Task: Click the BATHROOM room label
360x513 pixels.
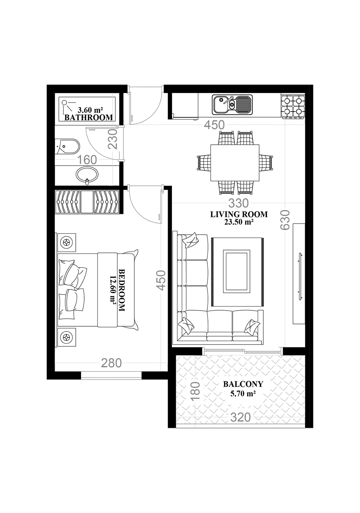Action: pyautogui.click(x=89, y=118)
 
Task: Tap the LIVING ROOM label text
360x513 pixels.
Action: pyautogui.click(x=239, y=215)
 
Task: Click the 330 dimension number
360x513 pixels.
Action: pyautogui.click(x=238, y=203)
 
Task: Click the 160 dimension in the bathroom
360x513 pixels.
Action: pyautogui.click(x=87, y=160)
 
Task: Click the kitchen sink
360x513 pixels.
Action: pyautogui.click(x=232, y=105)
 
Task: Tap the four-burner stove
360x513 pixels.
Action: pyautogui.click(x=293, y=107)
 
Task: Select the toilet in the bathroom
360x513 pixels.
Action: pyautogui.click(x=67, y=146)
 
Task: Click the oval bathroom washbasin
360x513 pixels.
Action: pyautogui.click(x=87, y=175)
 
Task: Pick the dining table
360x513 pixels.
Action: pyautogui.click(x=235, y=163)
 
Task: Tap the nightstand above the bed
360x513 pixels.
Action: pyautogui.click(x=67, y=242)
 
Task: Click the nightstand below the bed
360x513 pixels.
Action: pyautogui.click(x=67, y=337)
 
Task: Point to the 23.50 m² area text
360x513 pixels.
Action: pyautogui.click(x=239, y=222)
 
